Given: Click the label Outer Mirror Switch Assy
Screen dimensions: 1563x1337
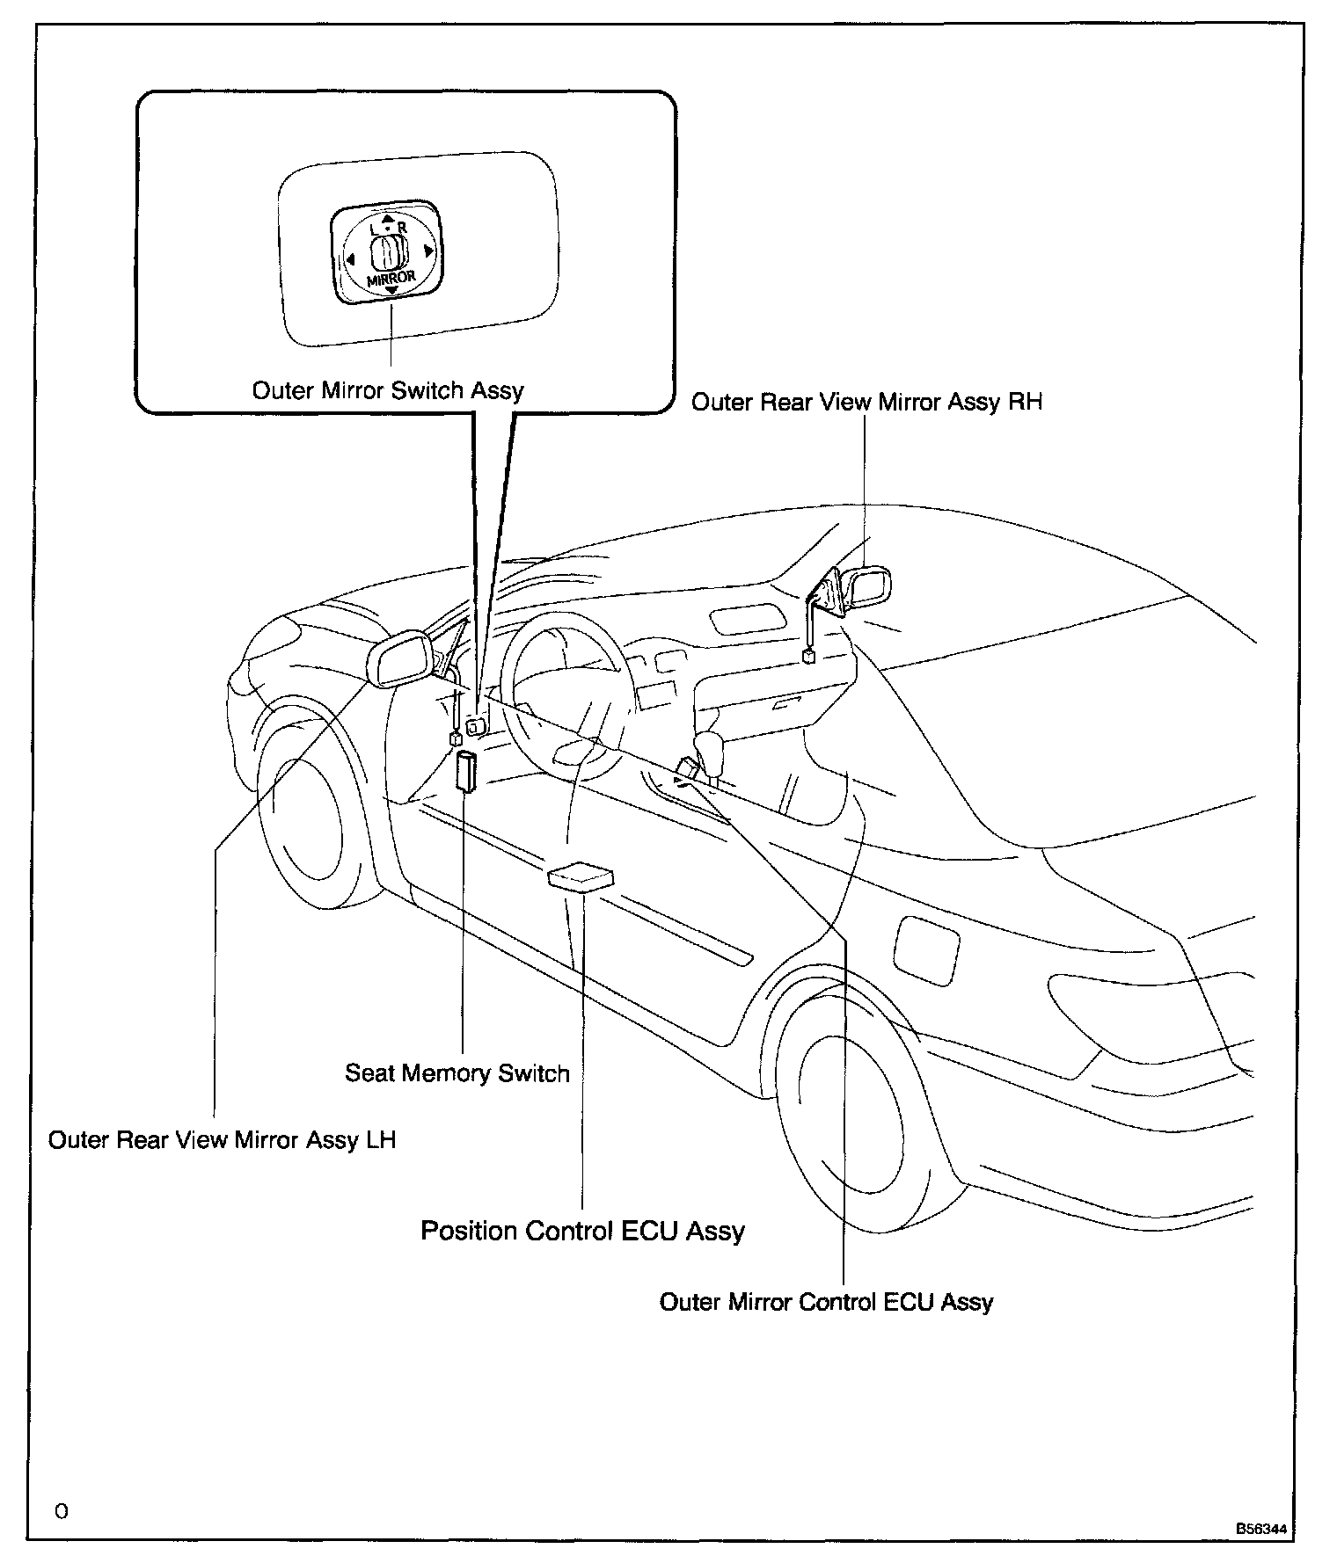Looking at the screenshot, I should [387, 390].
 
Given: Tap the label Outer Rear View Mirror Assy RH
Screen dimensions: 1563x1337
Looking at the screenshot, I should [866, 403].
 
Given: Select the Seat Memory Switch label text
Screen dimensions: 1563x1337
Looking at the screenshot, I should [457, 1073].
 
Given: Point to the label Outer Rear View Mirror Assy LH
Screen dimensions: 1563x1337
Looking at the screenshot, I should [222, 1140].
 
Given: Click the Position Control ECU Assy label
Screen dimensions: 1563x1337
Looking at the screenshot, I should [582, 1231].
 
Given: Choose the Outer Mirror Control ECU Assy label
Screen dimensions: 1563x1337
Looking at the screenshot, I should [826, 1302].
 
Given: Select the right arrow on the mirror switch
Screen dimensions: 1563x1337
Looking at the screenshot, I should [429, 252].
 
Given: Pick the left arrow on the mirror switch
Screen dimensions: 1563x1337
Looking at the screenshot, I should [350, 259].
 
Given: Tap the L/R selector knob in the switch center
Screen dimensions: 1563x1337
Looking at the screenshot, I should [387, 256].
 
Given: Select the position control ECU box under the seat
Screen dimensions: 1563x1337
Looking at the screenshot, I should [580, 877].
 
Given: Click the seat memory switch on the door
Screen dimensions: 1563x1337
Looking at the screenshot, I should [466, 771].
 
